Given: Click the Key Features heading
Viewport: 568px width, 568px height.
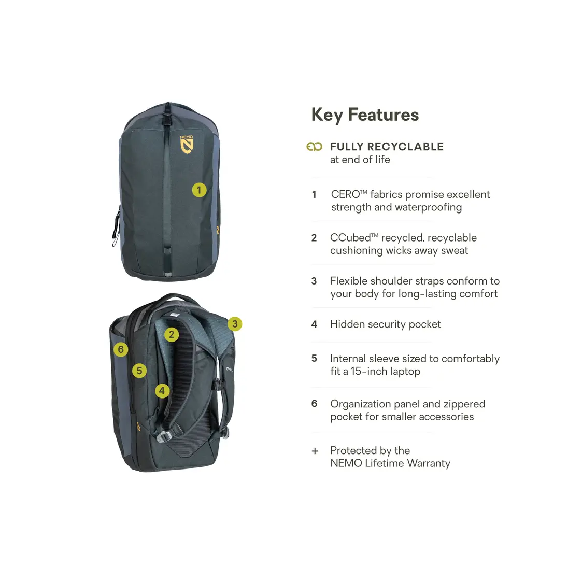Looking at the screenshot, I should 364,115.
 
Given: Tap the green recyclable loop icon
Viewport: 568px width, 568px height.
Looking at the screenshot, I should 314,147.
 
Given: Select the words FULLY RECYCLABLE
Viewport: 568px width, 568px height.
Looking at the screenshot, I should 387,147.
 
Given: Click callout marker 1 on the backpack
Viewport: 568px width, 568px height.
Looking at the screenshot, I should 199,190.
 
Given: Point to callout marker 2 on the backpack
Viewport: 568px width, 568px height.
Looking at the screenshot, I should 172,335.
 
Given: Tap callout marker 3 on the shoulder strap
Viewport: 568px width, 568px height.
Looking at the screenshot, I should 235,324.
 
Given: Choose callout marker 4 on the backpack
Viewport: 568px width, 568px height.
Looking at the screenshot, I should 162,390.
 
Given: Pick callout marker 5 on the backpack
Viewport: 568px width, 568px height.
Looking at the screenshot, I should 139,371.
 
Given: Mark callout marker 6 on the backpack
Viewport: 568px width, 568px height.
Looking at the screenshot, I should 121,349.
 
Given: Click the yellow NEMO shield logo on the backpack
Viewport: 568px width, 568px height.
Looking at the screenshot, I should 187,145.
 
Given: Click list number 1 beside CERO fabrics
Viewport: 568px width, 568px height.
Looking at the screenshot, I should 314,195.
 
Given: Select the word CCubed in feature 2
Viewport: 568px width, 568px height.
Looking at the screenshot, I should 350,238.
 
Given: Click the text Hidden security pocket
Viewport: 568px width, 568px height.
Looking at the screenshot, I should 385,324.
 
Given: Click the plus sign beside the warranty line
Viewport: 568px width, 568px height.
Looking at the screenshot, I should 315,451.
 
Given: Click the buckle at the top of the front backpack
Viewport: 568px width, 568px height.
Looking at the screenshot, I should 168,119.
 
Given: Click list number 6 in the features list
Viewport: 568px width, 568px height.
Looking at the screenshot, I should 314,403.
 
